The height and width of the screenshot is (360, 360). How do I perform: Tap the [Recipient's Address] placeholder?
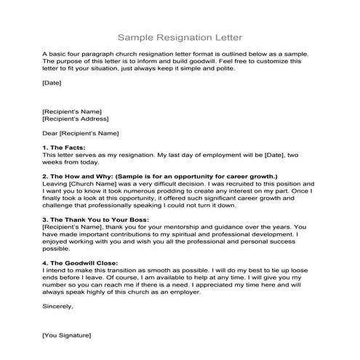click(73, 119)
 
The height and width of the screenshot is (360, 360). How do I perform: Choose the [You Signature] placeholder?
click(67, 336)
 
